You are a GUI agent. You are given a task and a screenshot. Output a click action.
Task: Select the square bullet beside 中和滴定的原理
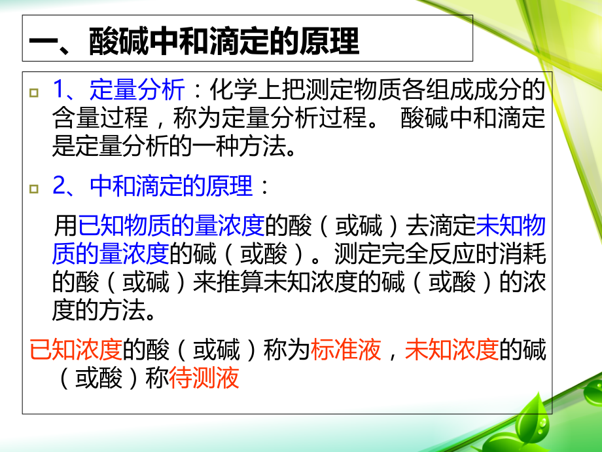34,189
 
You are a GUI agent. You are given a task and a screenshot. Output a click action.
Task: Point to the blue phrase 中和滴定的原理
171,187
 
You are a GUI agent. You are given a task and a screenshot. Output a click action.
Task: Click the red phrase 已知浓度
76,351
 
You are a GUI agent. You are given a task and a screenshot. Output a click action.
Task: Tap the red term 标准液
347,351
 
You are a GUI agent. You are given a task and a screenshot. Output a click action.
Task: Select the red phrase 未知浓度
451,351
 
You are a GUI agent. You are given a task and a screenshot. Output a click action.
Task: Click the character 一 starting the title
43,43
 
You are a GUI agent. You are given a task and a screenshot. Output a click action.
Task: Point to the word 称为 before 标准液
286,351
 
